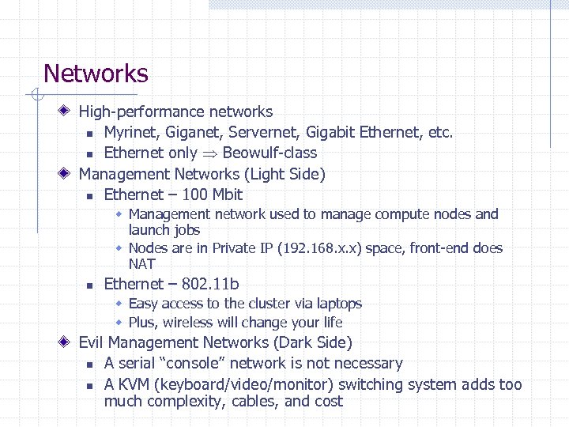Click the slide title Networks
pos(96,74)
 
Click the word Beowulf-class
pos(269,153)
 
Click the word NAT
pos(142,264)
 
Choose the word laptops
pos(336,304)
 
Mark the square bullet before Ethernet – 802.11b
pos(89,285)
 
